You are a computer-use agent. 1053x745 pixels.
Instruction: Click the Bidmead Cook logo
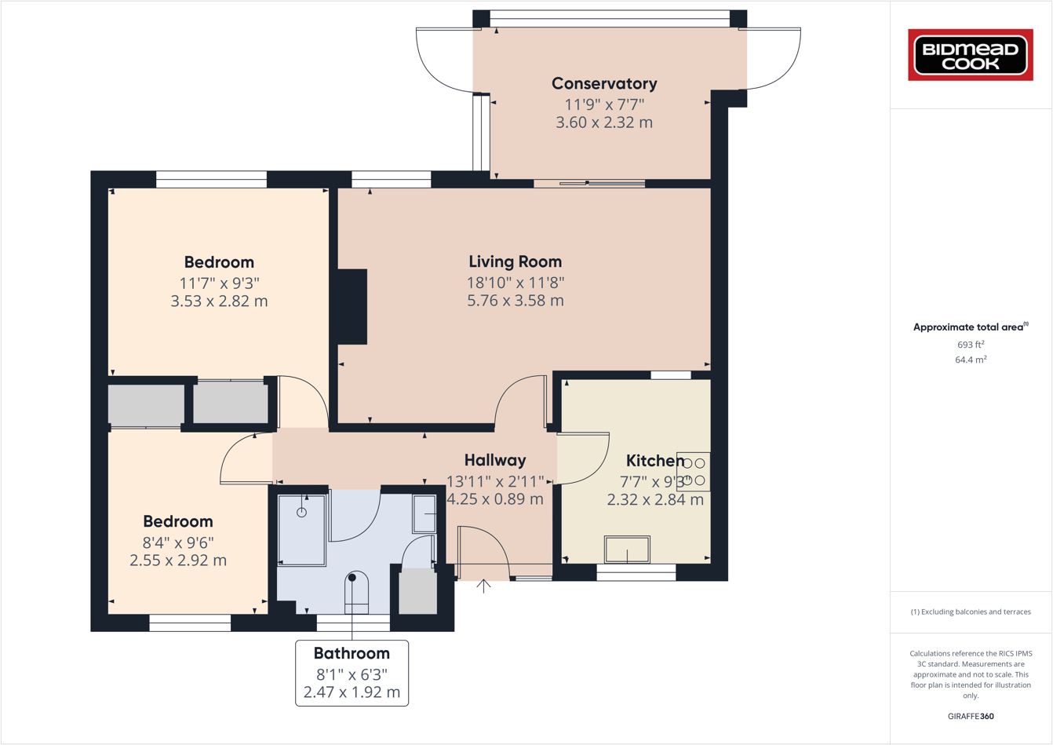coord(971,55)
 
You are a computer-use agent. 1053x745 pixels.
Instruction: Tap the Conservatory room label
coord(604,83)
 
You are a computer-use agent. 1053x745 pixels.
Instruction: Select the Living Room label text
coord(515,261)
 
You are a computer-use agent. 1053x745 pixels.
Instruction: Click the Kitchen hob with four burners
coord(694,472)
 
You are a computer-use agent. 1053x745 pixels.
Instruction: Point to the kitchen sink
coord(627,550)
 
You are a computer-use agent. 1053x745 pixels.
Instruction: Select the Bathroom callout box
coord(352,673)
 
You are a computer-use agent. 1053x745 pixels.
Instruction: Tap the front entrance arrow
coord(484,586)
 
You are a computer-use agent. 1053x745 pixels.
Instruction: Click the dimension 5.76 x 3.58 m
coord(515,301)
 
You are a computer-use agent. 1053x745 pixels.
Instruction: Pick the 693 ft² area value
coord(971,345)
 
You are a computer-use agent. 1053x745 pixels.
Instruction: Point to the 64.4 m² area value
coord(971,360)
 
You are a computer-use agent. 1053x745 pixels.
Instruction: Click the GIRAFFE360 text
coord(971,716)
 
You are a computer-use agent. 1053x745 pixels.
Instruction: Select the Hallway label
coord(494,460)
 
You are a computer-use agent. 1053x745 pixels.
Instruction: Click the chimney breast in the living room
coord(352,306)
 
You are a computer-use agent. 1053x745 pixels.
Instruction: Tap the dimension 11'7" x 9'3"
coord(219,283)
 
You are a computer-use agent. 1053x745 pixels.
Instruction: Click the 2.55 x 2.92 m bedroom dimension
coord(178,561)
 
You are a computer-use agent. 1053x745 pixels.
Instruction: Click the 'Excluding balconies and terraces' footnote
coord(971,612)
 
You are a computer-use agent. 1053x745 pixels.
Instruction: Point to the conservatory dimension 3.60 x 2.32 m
coord(604,122)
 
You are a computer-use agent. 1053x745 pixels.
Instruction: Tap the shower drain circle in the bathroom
coord(301,513)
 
